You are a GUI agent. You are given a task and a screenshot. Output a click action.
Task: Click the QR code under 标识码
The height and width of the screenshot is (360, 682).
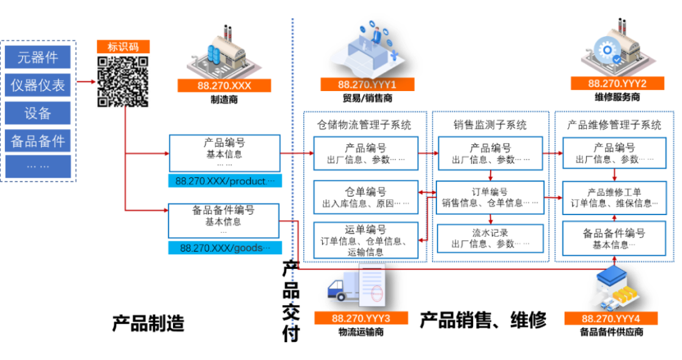pyautogui.click(x=123, y=81)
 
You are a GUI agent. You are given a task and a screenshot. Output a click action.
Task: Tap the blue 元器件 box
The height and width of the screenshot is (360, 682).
pyautogui.click(x=38, y=57)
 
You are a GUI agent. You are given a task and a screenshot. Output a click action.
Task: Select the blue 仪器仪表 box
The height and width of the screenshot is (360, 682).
pyautogui.click(x=38, y=85)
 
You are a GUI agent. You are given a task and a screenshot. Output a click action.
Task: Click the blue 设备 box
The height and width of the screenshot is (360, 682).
pyautogui.click(x=38, y=113)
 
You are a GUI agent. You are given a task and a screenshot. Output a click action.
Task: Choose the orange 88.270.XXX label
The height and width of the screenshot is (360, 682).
pyautogui.click(x=224, y=86)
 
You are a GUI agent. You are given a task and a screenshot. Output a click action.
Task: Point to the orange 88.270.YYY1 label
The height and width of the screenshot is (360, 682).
pyautogui.click(x=367, y=84)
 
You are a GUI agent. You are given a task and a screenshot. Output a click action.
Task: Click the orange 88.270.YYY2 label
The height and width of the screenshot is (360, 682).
pyautogui.click(x=617, y=84)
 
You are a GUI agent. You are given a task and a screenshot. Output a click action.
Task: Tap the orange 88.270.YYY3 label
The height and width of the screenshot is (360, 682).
pyautogui.click(x=361, y=318)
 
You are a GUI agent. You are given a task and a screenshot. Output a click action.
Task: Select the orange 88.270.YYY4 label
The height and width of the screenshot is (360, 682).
pyautogui.click(x=610, y=318)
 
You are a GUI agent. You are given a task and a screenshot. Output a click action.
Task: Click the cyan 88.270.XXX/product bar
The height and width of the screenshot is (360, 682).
pyautogui.click(x=225, y=181)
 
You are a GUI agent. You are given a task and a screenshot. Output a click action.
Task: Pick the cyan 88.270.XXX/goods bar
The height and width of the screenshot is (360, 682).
pyautogui.click(x=225, y=248)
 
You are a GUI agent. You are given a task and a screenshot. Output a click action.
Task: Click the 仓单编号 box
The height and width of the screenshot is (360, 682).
pyautogui.click(x=366, y=197)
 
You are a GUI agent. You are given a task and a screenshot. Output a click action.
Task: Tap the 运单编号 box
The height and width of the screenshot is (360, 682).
pyautogui.click(x=366, y=240)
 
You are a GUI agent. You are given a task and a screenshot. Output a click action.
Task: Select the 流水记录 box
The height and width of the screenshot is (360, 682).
pyautogui.click(x=490, y=238)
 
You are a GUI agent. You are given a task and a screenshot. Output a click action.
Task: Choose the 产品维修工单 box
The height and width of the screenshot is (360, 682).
pyautogui.click(x=614, y=198)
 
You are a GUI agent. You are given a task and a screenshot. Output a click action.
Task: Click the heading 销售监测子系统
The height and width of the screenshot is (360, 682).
pyautogui.click(x=490, y=125)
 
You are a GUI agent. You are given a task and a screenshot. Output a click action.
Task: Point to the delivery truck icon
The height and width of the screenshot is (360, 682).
pyautogui.click(x=343, y=287)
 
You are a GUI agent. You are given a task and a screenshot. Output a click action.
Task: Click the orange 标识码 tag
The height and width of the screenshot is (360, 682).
pyautogui.click(x=123, y=46)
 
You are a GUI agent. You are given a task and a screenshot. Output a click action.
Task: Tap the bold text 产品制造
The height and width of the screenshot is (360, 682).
pyautogui.click(x=148, y=323)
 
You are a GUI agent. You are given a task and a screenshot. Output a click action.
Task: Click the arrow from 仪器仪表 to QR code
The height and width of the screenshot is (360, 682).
pyautogui.click(x=86, y=81)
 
